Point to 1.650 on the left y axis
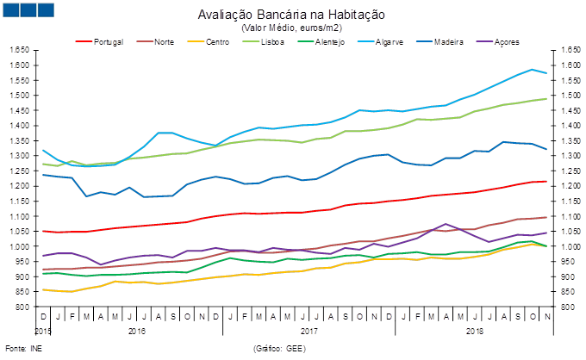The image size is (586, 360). [19, 50]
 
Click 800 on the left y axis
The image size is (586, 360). [23, 307]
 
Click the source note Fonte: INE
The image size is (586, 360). [22, 348]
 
